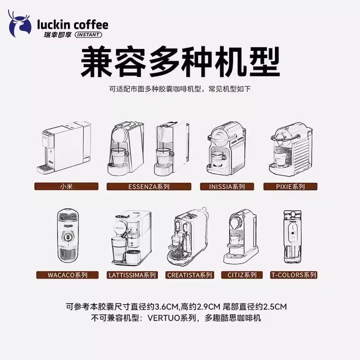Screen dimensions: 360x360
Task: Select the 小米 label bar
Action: pos(67,186)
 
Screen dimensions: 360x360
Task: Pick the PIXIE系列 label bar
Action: pos(291,186)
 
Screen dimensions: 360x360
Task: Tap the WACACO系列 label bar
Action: pos(67,275)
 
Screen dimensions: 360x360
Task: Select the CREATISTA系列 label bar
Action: pos(190,275)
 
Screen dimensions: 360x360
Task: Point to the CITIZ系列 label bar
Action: pos(242,275)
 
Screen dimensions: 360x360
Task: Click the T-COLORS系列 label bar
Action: pos(293,275)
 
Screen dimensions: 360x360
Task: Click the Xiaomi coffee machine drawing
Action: pos(65,147)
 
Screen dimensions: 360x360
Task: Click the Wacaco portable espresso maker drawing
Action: pos(68,236)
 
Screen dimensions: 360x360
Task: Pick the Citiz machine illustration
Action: pos(242,236)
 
